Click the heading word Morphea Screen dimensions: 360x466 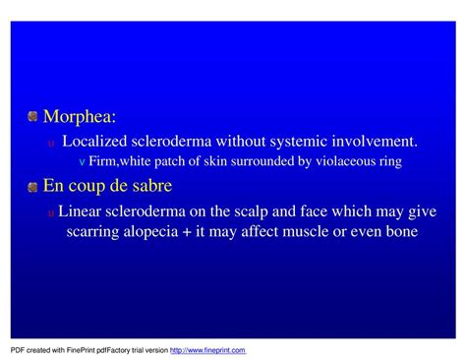point(79,119)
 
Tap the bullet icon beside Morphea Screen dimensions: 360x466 point(32,119)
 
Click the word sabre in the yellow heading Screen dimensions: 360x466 point(148,186)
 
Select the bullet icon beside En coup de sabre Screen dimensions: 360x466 point(32,186)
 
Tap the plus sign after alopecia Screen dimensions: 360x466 point(202,233)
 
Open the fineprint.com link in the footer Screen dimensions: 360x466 point(207,350)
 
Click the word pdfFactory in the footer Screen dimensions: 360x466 point(99,350)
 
